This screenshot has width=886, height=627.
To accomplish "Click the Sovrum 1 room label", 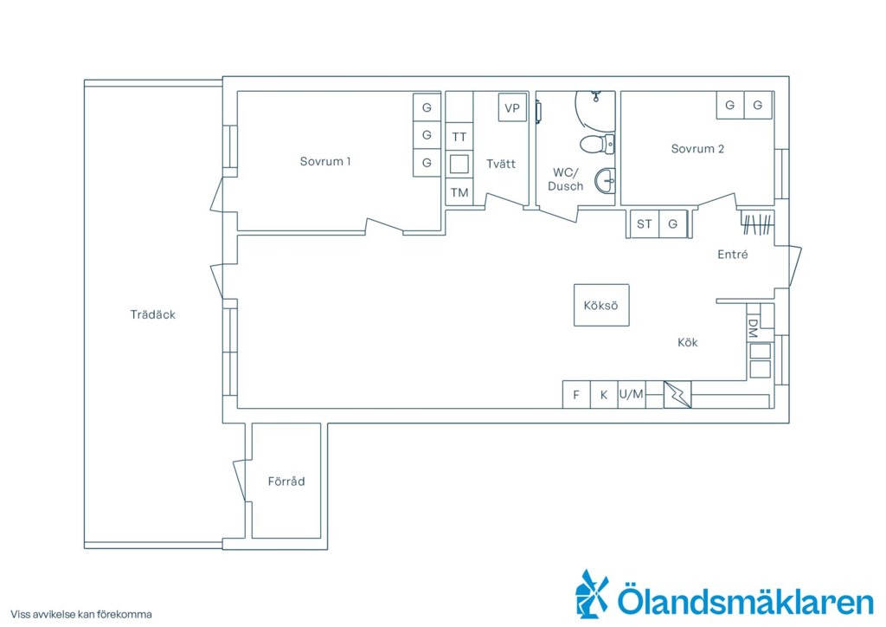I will pos(325,161).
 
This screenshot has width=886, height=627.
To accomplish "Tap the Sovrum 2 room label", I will pos(697,149).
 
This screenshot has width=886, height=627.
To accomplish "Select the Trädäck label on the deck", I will pos(152,314).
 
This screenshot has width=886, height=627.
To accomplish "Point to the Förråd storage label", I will pos(286,482).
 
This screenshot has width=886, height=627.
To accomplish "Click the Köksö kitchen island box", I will pos(601,305).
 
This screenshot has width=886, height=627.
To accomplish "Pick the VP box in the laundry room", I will pos(512,108).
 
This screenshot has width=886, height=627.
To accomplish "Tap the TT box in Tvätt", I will pos(459,137).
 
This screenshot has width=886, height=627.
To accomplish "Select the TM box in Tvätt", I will pos(459,192).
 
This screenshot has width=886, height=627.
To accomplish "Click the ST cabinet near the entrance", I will pos(645,224).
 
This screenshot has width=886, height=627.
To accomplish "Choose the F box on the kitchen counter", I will pos(576,395).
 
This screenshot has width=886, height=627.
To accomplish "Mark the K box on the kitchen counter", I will pos(604,395).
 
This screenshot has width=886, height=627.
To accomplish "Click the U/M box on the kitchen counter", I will pos(632,395).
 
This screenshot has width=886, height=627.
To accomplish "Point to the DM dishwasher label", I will pos(753,328).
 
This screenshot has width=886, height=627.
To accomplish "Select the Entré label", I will pos(732,255).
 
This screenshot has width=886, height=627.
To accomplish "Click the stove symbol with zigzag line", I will pos(677,395).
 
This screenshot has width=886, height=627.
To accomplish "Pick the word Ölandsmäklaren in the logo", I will pos(745,600).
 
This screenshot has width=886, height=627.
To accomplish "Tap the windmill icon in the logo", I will pos(593,594).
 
